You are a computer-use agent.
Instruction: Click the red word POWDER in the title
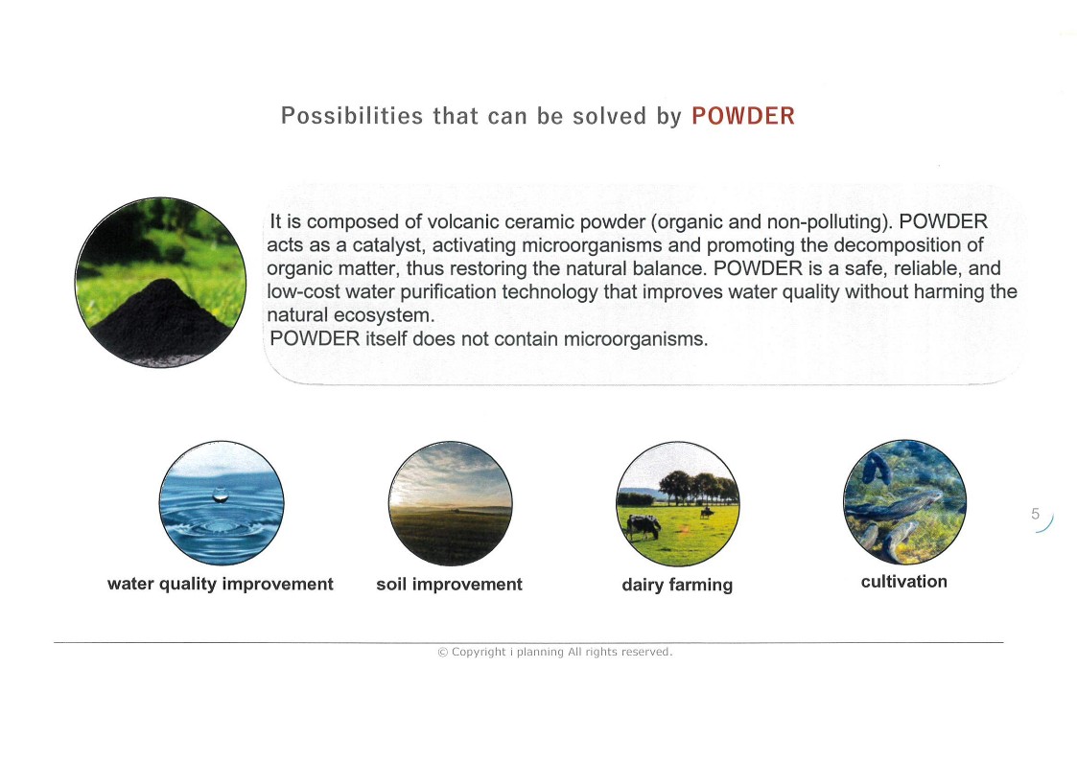[x=743, y=116]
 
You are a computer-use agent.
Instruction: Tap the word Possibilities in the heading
[x=352, y=116]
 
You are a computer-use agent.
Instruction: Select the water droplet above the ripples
[x=221, y=495]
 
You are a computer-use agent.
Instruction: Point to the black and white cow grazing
[x=643, y=526]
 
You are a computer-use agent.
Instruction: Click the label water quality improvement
[x=221, y=585]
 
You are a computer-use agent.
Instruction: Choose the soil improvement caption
[x=449, y=585]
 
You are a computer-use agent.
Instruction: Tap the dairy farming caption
[x=677, y=585]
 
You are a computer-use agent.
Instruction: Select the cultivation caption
[x=904, y=582]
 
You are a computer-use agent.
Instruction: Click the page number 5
[x=1035, y=514]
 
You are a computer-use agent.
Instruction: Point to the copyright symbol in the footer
[x=442, y=653]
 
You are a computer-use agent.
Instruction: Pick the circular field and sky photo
[x=451, y=503]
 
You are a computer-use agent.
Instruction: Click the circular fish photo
[x=904, y=502]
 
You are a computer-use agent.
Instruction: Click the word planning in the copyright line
[x=540, y=653]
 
